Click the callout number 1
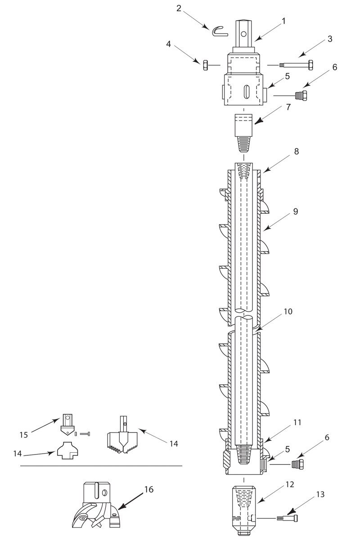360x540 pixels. tap(283, 22)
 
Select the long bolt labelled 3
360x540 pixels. tap(296, 65)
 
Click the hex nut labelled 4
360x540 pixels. tap(205, 65)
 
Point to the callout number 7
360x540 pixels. tap(288, 107)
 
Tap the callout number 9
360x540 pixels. tap(296, 211)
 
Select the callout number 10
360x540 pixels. tap(288, 311)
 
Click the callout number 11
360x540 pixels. tap(297, 423)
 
